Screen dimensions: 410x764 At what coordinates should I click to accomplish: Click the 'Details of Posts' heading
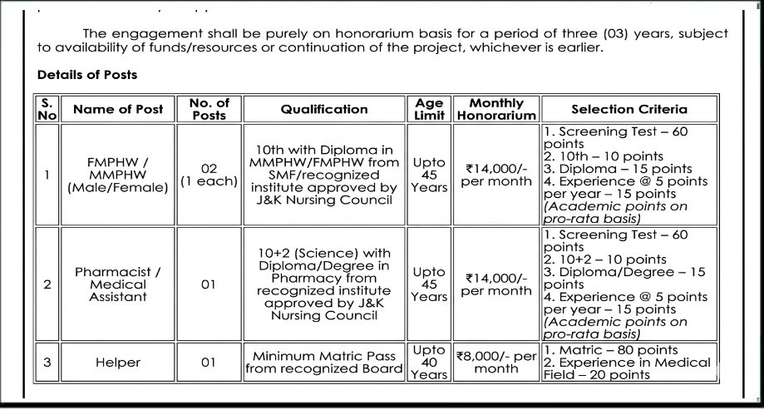(87, 75)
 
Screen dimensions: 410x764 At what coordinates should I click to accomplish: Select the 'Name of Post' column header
(118, 109)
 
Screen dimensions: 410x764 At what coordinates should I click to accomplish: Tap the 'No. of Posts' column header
(209, 109)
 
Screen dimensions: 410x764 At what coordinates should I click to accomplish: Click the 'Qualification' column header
(323, 109)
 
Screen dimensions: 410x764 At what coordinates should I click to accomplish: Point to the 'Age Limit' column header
(430, 109)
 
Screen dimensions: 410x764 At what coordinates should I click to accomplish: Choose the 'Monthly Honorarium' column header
(496, 109)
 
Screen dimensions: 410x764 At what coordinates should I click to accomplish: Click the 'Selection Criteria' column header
(628, 109)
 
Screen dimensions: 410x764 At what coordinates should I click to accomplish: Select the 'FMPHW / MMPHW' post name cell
(118, 175)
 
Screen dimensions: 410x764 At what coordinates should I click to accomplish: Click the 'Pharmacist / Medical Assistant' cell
(118, 284)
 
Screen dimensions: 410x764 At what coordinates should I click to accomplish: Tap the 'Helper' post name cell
(118, 363)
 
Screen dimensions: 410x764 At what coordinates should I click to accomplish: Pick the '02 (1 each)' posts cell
(209, 174)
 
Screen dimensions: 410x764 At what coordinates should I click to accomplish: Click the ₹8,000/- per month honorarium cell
(496, 362)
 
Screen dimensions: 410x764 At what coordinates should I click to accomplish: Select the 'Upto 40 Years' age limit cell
(430, 363)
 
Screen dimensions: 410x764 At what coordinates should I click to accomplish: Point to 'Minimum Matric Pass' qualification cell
(323, 363)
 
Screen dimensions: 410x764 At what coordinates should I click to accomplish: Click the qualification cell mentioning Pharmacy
(323, 284)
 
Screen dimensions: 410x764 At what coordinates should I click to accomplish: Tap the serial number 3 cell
(47, 363)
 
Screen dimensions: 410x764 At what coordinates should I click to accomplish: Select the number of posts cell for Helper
(209, 363)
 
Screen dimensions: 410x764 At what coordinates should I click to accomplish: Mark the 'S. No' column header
(47, 109)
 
